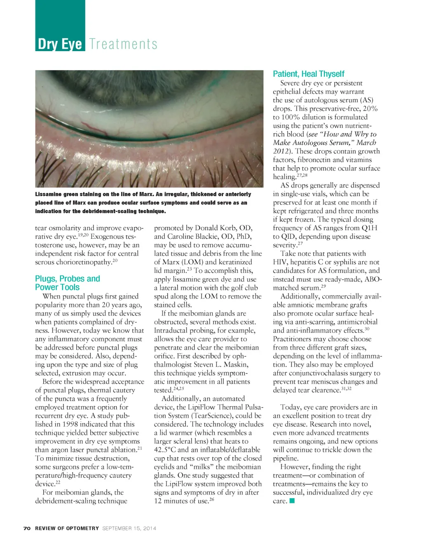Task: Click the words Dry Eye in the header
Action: (60, 44)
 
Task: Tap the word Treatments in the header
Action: (123, 44)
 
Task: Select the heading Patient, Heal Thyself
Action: (308, 74)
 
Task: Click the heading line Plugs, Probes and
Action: (68, 279)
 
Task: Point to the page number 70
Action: (27, 528)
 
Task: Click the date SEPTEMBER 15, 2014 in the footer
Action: (129, 528)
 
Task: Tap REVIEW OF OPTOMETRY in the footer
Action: (67, 528)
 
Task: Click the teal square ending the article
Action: (292, 501)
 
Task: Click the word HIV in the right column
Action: (280, 262)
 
